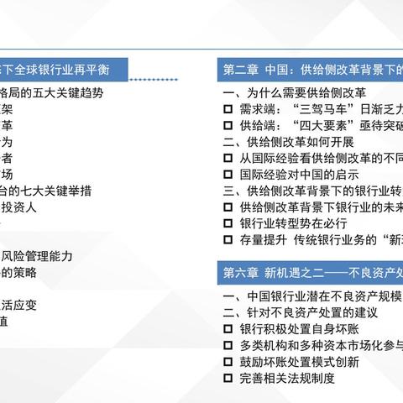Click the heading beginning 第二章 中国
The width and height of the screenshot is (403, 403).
tap(311, 69)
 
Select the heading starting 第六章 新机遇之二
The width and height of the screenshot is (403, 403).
tap(311, 272)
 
